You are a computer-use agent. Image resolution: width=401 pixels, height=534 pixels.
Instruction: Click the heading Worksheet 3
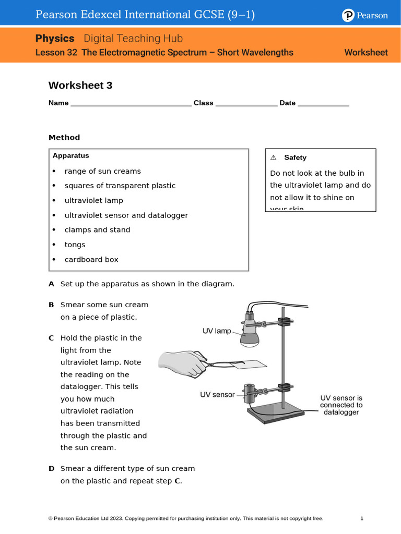80,86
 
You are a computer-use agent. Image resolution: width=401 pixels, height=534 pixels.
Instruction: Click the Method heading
64,138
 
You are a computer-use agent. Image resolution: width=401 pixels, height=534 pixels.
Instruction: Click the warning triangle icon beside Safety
273,157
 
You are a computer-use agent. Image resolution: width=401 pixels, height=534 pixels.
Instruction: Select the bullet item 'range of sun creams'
102,171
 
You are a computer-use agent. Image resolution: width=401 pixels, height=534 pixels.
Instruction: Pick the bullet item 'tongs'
75,245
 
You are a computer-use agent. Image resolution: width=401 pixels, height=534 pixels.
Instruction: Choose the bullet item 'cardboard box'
91,259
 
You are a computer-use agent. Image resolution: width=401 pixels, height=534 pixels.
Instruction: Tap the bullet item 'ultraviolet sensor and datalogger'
126,215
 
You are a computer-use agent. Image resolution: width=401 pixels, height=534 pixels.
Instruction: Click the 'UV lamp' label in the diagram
217,331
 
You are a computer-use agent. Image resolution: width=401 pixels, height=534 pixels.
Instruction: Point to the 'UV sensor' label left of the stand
217,395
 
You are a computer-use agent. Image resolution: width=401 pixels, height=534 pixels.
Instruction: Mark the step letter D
51,468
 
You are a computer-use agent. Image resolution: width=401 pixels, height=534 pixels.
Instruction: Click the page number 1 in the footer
361,518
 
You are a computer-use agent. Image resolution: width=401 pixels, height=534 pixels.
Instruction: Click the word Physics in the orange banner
55,39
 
